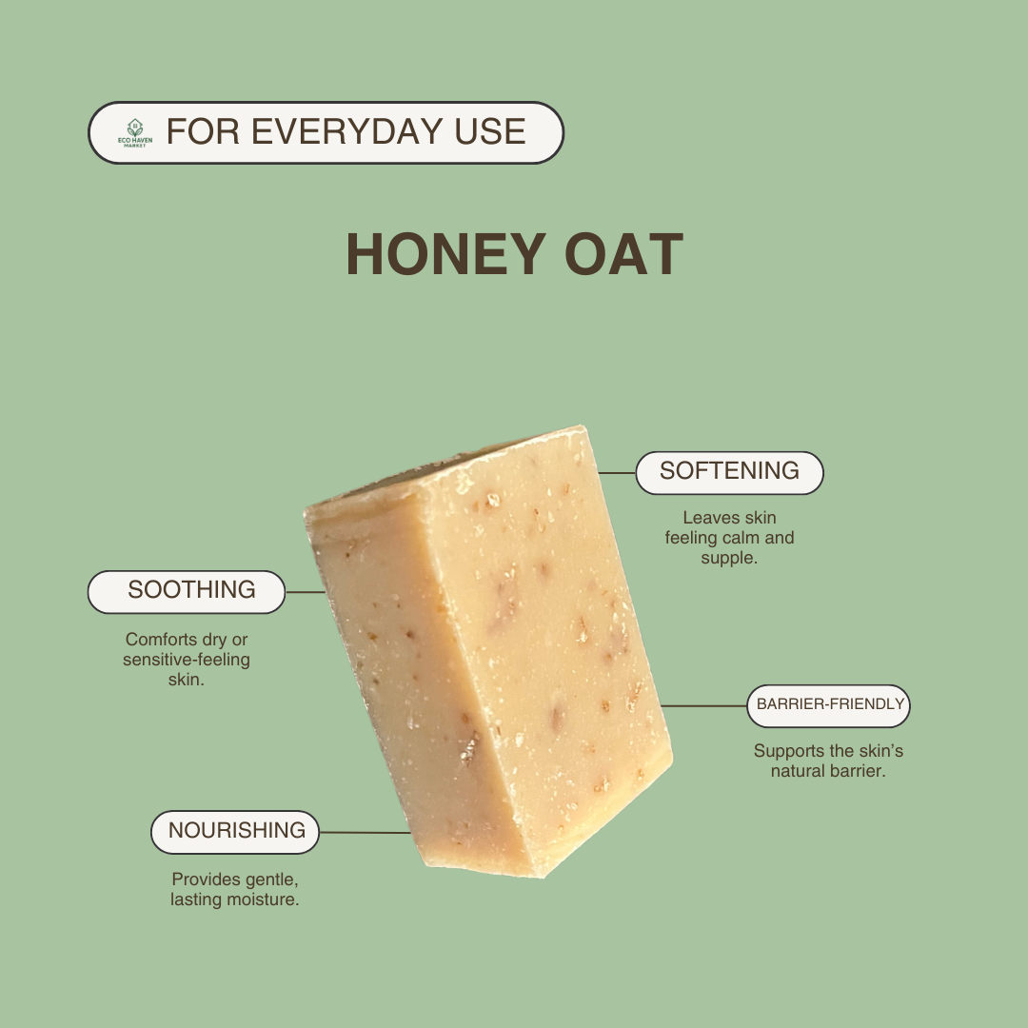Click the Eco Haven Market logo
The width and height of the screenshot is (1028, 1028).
click(x=134, y=133)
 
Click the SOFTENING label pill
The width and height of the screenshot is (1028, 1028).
click(x=729, y=472)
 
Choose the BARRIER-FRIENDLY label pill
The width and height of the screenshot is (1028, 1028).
click(x=828, y=705)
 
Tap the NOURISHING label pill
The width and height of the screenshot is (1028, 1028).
click(x=235, y=831)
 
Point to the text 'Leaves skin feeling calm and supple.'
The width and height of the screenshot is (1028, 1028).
click(x=729, y=538)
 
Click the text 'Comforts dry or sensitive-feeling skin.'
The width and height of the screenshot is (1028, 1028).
click(x=187, y=660)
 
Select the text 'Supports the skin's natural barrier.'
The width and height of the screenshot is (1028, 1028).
click(x=828, y=761)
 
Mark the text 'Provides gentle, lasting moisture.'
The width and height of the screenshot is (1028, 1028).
click(x=235, y=888)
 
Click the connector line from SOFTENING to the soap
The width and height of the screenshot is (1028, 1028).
click(x=617, y=472)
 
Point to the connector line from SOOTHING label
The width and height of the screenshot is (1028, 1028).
click(x=306, y=591)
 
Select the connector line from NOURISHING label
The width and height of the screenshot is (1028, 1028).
click(x=365, y=832)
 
